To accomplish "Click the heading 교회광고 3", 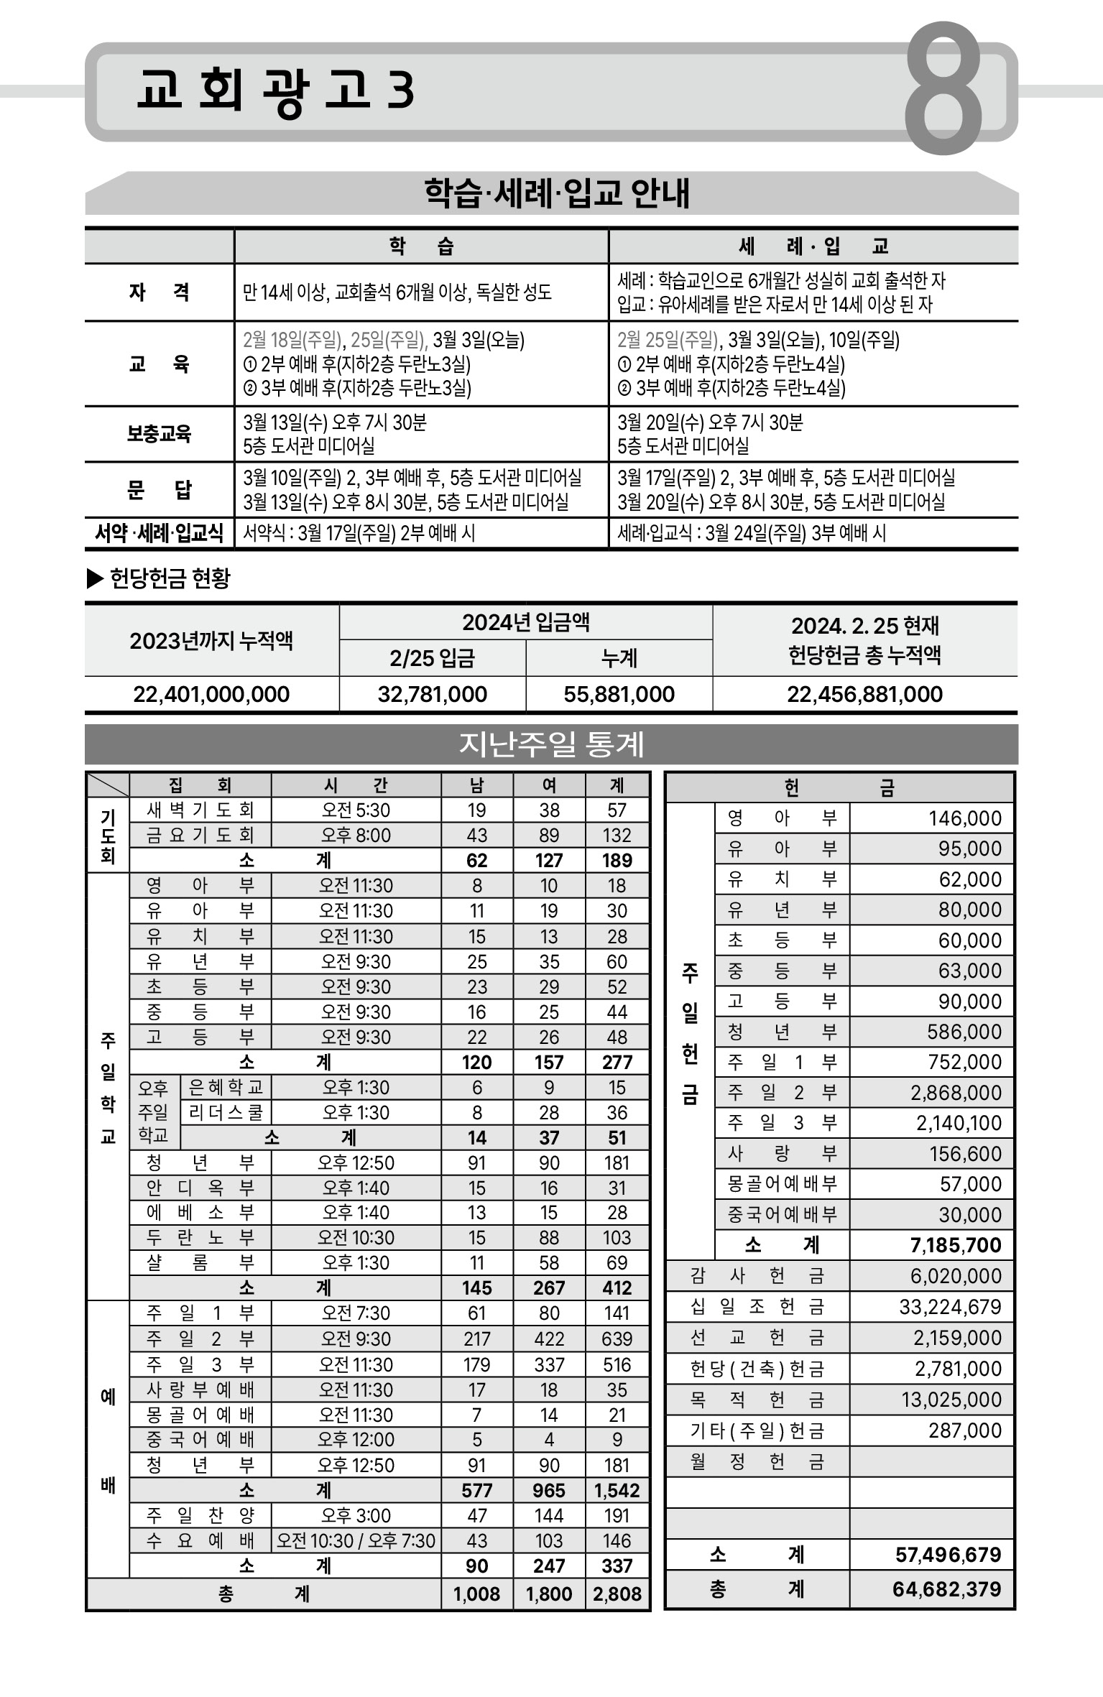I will [x=275, y=91].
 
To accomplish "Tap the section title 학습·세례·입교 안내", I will [x=557, y=193].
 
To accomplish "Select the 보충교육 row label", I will [x=159, y=434].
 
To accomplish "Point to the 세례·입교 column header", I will [x=813, y=246].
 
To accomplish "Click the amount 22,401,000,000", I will [x=211, y=695].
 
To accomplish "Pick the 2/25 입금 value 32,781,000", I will [x=433, y=695].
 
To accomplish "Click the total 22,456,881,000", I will [x=864, y=695].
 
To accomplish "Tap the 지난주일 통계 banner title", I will [x=551, y=744].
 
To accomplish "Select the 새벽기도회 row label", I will [x=200, y=810].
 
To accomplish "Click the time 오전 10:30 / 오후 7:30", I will [x=356, y=1541].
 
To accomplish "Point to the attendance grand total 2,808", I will [x=617, y=1594].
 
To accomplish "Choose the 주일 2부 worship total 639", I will [x=617, y=1339].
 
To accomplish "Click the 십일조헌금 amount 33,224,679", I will [x=950, y=1307].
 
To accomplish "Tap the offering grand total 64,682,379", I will [x=947, y=1589].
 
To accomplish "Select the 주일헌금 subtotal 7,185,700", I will [x=956, y=1245].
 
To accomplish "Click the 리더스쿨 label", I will [x=226, y=1113].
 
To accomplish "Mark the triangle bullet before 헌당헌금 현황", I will [x=95, y=578].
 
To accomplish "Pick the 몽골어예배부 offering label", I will [x=782, y=1183].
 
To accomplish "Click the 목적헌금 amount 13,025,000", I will [x=951, y=1400].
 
